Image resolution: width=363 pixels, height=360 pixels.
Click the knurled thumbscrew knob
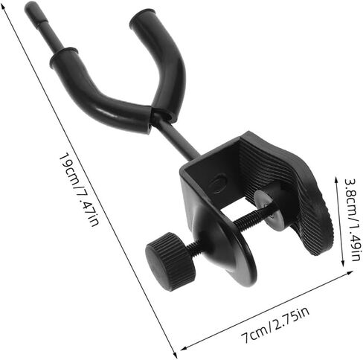click(170, 261)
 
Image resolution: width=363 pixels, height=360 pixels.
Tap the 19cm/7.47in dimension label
click(79, 190)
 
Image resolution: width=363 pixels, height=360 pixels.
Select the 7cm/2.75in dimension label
click(276, 324)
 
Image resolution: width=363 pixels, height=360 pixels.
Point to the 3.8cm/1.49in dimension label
click(353, 219)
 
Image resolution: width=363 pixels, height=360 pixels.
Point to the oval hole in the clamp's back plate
click(217, 184)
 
